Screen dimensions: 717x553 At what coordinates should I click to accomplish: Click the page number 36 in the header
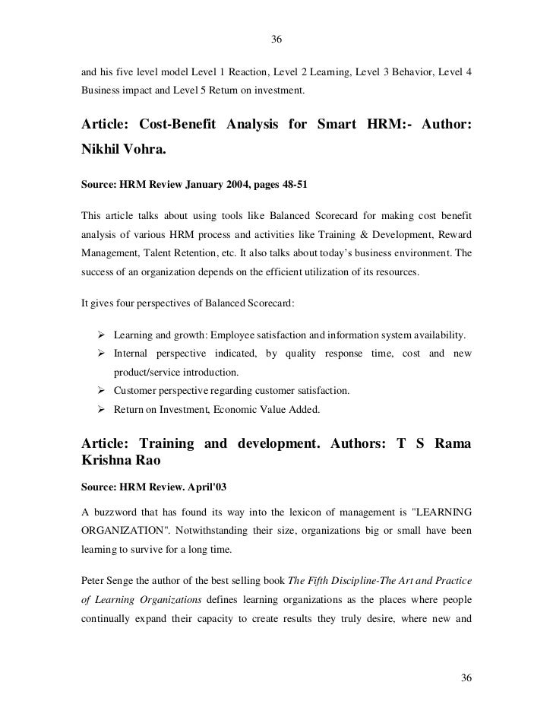click(276, 40)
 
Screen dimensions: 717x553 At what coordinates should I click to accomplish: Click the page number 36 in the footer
click(467, 677)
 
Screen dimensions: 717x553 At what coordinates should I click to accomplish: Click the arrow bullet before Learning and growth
click(101, 335)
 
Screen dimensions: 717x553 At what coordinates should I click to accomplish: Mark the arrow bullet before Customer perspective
click(101, 391)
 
